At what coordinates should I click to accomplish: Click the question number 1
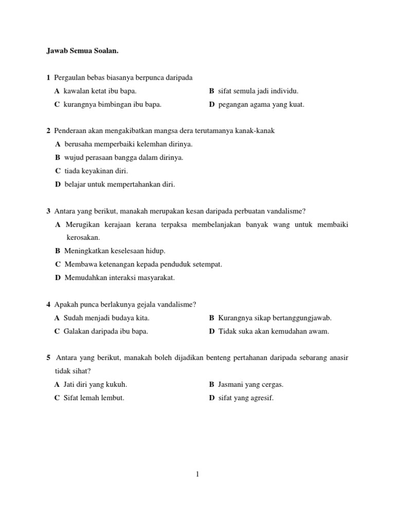tap(48, 78)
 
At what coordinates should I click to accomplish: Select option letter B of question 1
tap(211, 91)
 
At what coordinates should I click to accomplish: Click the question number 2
tap(48, 131)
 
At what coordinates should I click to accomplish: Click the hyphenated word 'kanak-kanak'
tap(257, 131)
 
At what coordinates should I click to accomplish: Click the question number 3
tap(48, 211)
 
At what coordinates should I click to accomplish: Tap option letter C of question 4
tap(57, 331)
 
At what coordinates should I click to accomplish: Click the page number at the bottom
tap(197, 475)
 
